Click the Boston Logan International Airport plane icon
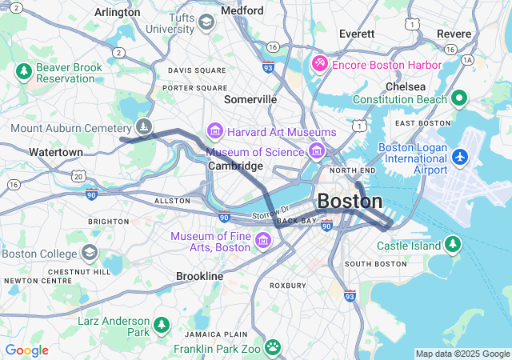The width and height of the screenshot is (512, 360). (459, 157)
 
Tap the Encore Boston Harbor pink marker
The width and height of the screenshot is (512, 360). (320, 63)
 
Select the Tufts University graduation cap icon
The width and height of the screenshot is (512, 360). (206, 22)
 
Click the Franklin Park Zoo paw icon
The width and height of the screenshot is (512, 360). (273, 347)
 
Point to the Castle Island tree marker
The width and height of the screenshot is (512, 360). (453, 243)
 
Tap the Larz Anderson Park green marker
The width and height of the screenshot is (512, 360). (162, 325)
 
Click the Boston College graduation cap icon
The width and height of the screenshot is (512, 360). (89, 254)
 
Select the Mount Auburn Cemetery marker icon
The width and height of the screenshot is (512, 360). (142, 126)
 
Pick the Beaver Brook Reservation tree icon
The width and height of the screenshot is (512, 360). (24, 72)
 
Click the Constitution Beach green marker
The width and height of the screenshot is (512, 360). (458, 98)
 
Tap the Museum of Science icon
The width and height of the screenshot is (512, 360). (317, 151)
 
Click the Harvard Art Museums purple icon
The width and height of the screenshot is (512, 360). (214, 130)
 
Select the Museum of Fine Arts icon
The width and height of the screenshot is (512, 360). (262, 240)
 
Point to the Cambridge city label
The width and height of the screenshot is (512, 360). (235, 166)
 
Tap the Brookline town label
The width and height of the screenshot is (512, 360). (199, 276)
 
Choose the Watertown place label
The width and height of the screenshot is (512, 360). (55, 152)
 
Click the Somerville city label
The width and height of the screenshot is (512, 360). (250, 99)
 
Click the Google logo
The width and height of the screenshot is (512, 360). (26, 350)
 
